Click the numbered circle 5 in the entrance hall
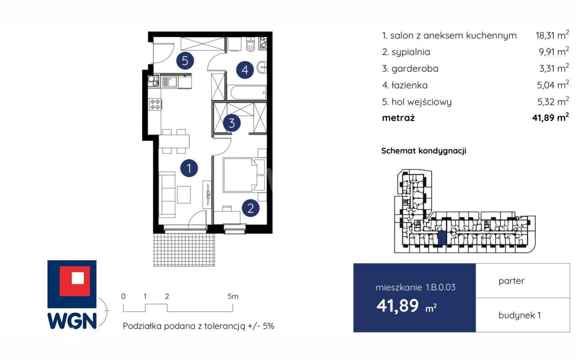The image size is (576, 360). coord(185,61)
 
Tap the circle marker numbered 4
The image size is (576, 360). coord(245,70)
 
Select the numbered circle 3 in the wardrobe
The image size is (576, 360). coord(232,123)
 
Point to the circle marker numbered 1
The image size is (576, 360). coord(189,168)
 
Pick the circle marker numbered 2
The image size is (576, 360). coord(250,208)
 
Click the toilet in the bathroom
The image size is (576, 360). coord(250,45)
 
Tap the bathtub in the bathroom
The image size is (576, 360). coord(248,93)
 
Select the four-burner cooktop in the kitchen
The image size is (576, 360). coord(155,104)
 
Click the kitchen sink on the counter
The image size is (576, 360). coord(170,82)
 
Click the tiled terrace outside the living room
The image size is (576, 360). coord(184,250)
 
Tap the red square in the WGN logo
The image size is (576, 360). coord(75,281)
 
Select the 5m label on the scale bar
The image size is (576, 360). coord(233,297)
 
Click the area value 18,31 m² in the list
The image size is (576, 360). coord(552,35)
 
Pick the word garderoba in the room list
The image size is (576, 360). coord(415,69)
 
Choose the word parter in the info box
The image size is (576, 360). coord(511,281)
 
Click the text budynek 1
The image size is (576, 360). coord(519,315)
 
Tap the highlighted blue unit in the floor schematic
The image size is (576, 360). coord(442,238)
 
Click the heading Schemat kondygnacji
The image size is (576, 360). coord(424,151)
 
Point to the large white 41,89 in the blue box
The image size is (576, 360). coord(398,306)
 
